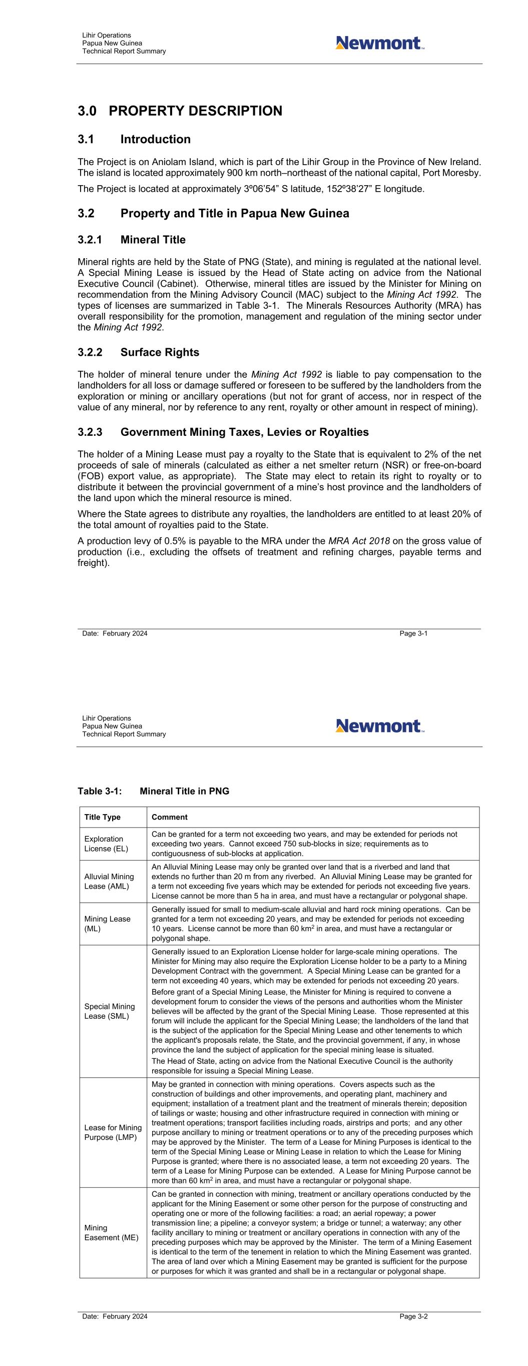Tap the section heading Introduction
[x=155, y=140]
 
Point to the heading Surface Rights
[x=160, y=353]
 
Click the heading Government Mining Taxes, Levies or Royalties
[x=244, y=432]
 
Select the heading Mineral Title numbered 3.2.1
[x=153, y=240]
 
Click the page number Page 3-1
[x=413, y=633]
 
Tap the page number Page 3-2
[x=413, y=1316]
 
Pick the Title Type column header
[x=103, y=817]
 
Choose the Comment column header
[x=169, y=817]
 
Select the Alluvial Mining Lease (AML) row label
[x=109, y=881]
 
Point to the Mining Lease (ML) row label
[x=107, y=923]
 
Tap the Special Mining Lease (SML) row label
[x=109, y=1011]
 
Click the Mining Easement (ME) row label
[x=111, y=1232]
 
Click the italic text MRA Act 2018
[x=359, y=541]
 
